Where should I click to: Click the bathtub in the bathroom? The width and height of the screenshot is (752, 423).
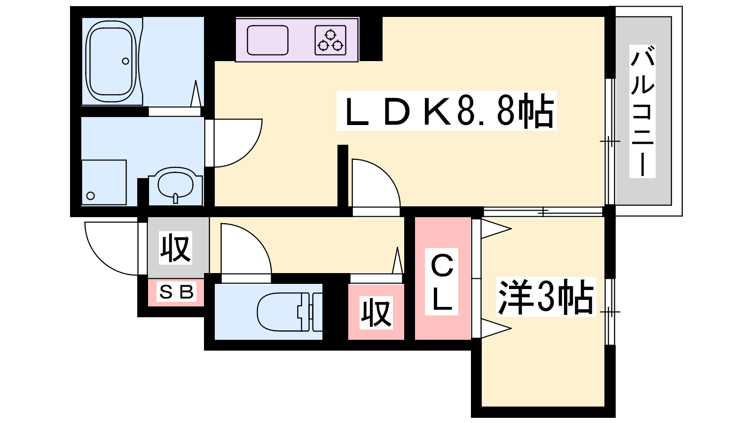coord(111,62)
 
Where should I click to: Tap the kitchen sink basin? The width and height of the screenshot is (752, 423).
coord(267,40)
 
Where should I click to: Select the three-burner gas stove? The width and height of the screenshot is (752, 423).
coord(330,40)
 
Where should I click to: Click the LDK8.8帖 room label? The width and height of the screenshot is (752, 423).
coord(446,111)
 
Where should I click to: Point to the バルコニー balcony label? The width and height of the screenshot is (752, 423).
coord(642,111)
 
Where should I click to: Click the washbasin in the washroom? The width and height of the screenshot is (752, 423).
coord(176,184)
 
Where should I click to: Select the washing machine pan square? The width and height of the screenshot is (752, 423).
coord(104,182)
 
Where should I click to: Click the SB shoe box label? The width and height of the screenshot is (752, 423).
coord(176,292)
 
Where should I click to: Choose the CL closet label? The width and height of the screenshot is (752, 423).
coord(442,282)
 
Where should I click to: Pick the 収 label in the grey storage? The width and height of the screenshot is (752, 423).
coord(176,248)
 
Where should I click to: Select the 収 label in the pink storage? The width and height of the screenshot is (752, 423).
coord(376,312)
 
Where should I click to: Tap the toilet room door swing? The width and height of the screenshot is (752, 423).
coord(244,251)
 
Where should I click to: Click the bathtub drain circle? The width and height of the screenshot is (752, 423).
coord(125,61)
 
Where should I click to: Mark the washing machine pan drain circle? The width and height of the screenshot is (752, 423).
coord(91,196)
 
